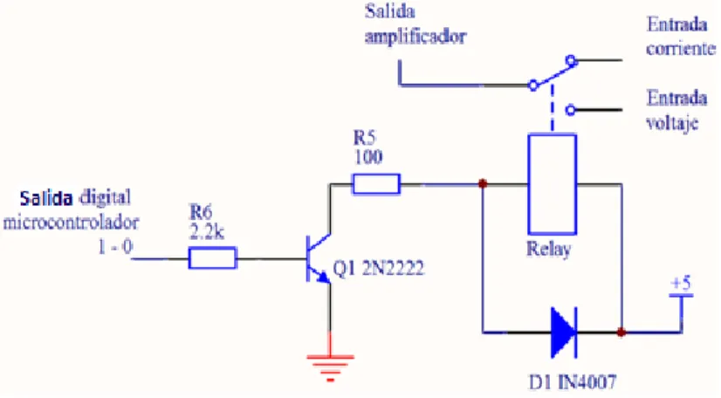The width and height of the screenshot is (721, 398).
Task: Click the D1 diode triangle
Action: click(564, 333)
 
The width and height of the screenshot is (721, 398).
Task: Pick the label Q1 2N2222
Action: click(378, 269)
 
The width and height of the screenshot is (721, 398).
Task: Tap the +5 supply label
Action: click(681, 283)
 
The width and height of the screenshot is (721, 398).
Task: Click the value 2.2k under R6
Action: click(207, 232)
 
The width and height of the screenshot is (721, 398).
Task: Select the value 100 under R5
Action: click(367, 157)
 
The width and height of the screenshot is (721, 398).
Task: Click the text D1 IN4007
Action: click(573, 382)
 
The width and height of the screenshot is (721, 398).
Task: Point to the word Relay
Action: click(548, 250)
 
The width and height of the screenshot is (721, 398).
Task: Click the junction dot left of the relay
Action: click(483, 184)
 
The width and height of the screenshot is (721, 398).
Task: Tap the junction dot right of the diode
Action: click(621, 332)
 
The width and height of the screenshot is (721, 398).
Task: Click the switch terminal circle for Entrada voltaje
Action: click(570, 110)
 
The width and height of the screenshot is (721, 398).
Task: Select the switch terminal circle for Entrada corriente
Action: click(571, 59)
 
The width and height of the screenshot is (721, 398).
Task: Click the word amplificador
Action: click(415, 37)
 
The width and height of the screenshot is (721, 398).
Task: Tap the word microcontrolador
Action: click(71, 223)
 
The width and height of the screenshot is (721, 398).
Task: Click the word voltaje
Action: click(672, 123)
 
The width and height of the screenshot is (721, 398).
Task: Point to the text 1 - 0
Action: click(115, 248)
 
